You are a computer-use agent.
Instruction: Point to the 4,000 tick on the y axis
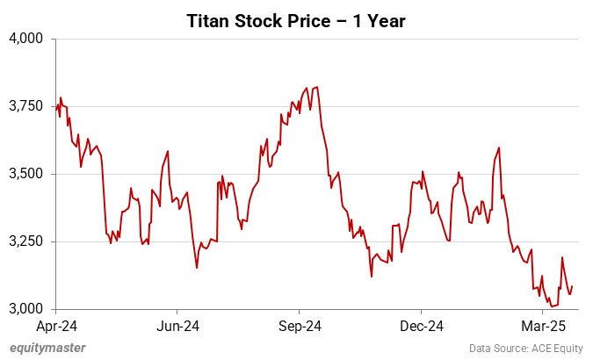(x=25, y=39)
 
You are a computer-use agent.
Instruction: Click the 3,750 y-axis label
(x=25, y=106)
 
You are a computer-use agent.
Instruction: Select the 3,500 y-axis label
(x=25, y=174)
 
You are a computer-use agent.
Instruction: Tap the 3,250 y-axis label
(x=25, y=241)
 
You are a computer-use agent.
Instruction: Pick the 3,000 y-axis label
(x=25, y=309)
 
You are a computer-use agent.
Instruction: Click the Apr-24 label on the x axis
(x=55, y=325)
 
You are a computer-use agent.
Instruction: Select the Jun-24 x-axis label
(x=177, y=325)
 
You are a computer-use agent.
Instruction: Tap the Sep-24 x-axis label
(x=299, y=325)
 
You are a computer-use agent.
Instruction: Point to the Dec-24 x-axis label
(x=421, y=325)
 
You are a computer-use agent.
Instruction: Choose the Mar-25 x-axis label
(x=542, y=325)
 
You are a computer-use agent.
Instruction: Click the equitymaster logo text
(x=47, y=348)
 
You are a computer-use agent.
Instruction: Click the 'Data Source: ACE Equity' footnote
(x=524, y=348)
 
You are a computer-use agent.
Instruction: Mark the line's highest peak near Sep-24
(x=316, y=87)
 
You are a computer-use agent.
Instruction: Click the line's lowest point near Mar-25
(x=551, y=306)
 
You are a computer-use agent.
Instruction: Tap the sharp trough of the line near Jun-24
(x=197, y=267)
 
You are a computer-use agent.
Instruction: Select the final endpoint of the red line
(x=573, y=286)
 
